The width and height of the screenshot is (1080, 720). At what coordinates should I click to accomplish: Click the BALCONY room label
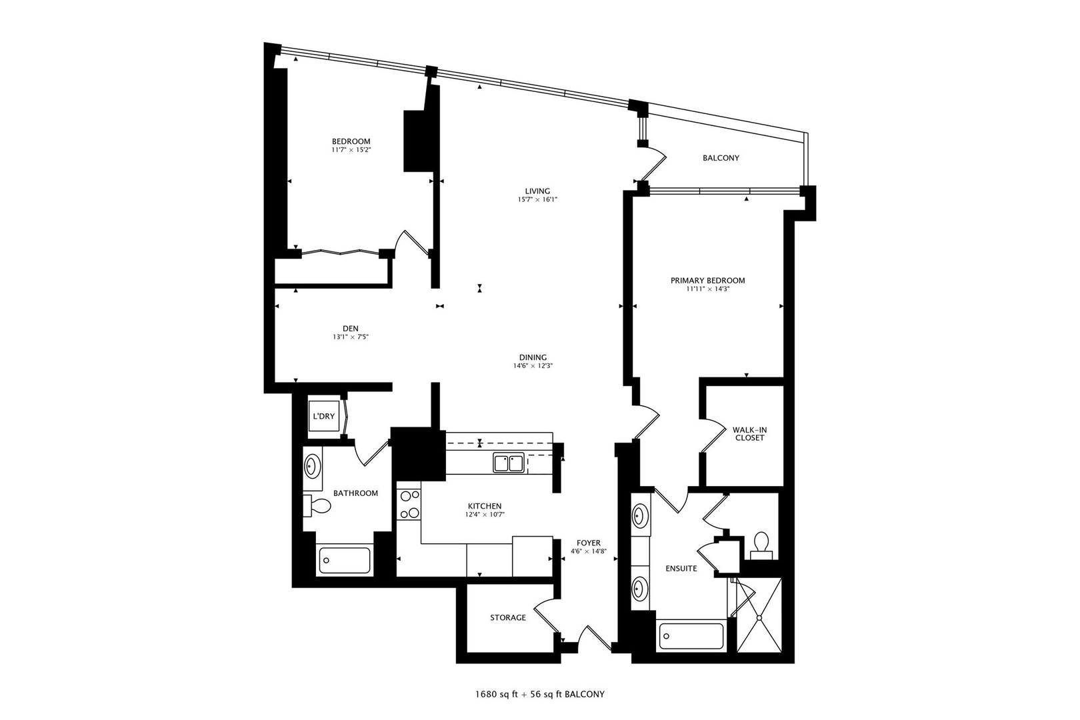pyautogui.click(x=721, y=158)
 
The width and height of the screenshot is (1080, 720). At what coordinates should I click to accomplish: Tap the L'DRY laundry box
pyautogui.click(x=324, y=416)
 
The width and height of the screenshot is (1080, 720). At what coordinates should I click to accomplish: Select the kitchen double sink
pyautogui.click(x=508, y=463)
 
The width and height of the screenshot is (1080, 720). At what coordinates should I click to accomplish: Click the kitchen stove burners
pyautogui.click(x=408, y=504)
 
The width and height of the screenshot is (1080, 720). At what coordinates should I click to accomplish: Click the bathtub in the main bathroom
pyautogui.click(x=345, y=560)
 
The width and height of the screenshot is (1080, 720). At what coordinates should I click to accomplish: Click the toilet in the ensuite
pyautogui.click(x=761, y=545)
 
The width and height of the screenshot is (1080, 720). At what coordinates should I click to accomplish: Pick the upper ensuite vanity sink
pyautogui.click(x=640, y=515)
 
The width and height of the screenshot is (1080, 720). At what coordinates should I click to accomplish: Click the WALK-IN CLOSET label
pyautogui.click(x=749, y=434)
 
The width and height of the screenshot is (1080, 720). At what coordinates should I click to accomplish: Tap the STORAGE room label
pyautogui.click(x=508, y=618)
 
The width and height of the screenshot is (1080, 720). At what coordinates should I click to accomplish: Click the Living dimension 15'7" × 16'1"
pyautogui.click(x=537, y=199)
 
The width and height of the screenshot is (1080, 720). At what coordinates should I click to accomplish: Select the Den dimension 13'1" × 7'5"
pyautogui.click(x=351, y=337)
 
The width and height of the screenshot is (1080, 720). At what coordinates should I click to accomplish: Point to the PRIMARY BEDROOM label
pyautogui.click(x=708, y=281)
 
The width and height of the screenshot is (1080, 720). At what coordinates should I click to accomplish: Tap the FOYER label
pyautogui.click(x=589, y=543)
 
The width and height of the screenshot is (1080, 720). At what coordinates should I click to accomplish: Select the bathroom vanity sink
pyautogui.click(x=312, y=465)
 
